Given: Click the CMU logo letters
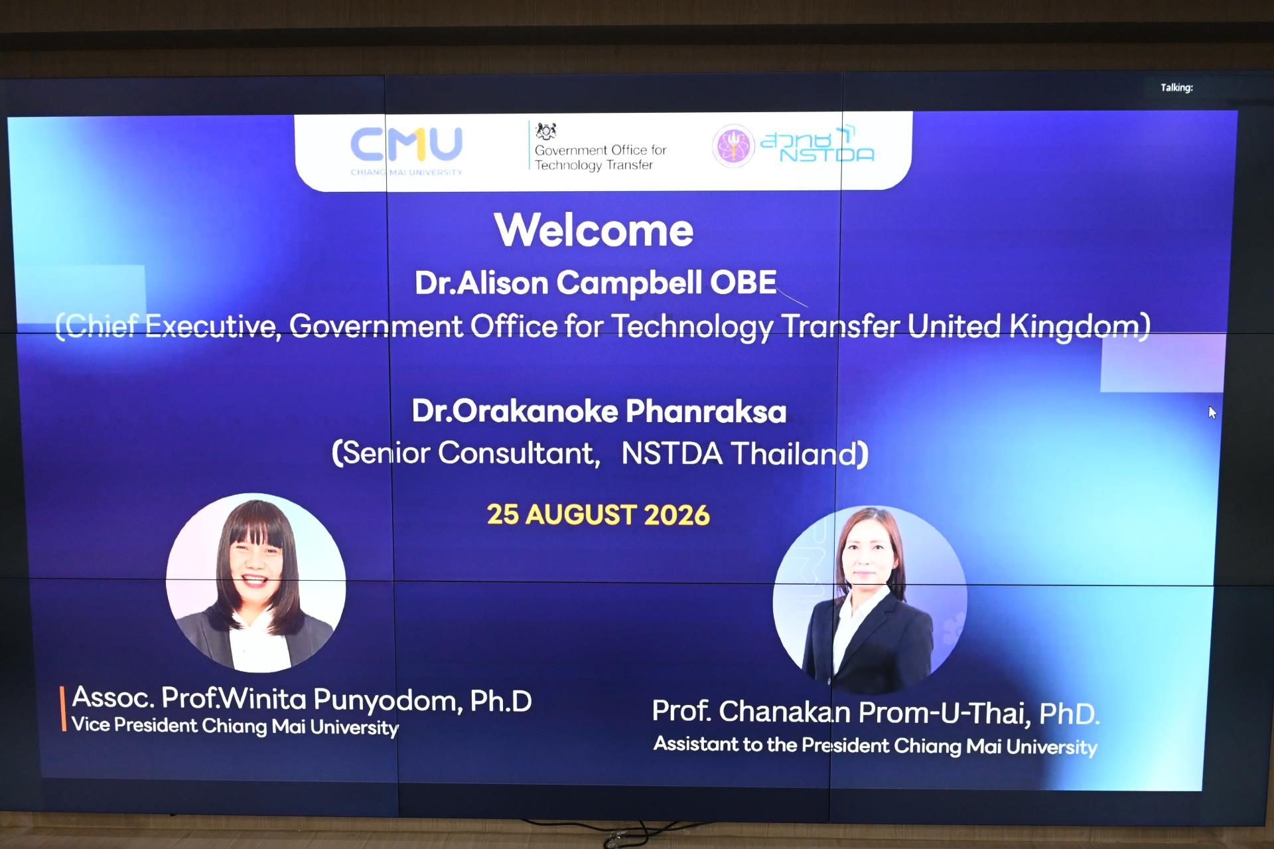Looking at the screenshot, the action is point(406,144).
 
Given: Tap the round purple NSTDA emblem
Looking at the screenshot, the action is point(733,146).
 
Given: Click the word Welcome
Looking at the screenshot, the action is point(594,230).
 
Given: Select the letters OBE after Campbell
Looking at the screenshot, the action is point(743,283).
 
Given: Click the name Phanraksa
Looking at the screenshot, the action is point(706,412).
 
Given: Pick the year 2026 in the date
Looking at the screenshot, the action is point(676,515).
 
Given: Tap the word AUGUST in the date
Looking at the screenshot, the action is point(581,515).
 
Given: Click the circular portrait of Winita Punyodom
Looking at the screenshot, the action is point(256,583).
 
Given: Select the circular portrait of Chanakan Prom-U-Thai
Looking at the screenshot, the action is point(870,601).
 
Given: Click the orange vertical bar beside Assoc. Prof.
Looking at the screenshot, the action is point(64,709).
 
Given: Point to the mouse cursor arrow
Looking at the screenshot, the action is point(1212,413).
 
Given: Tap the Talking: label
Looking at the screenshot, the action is point(1176,88).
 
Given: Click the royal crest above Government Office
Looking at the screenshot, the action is point(546,131).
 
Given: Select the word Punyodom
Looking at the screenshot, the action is point(387,700).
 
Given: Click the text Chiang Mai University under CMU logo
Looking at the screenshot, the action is point(406,172).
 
